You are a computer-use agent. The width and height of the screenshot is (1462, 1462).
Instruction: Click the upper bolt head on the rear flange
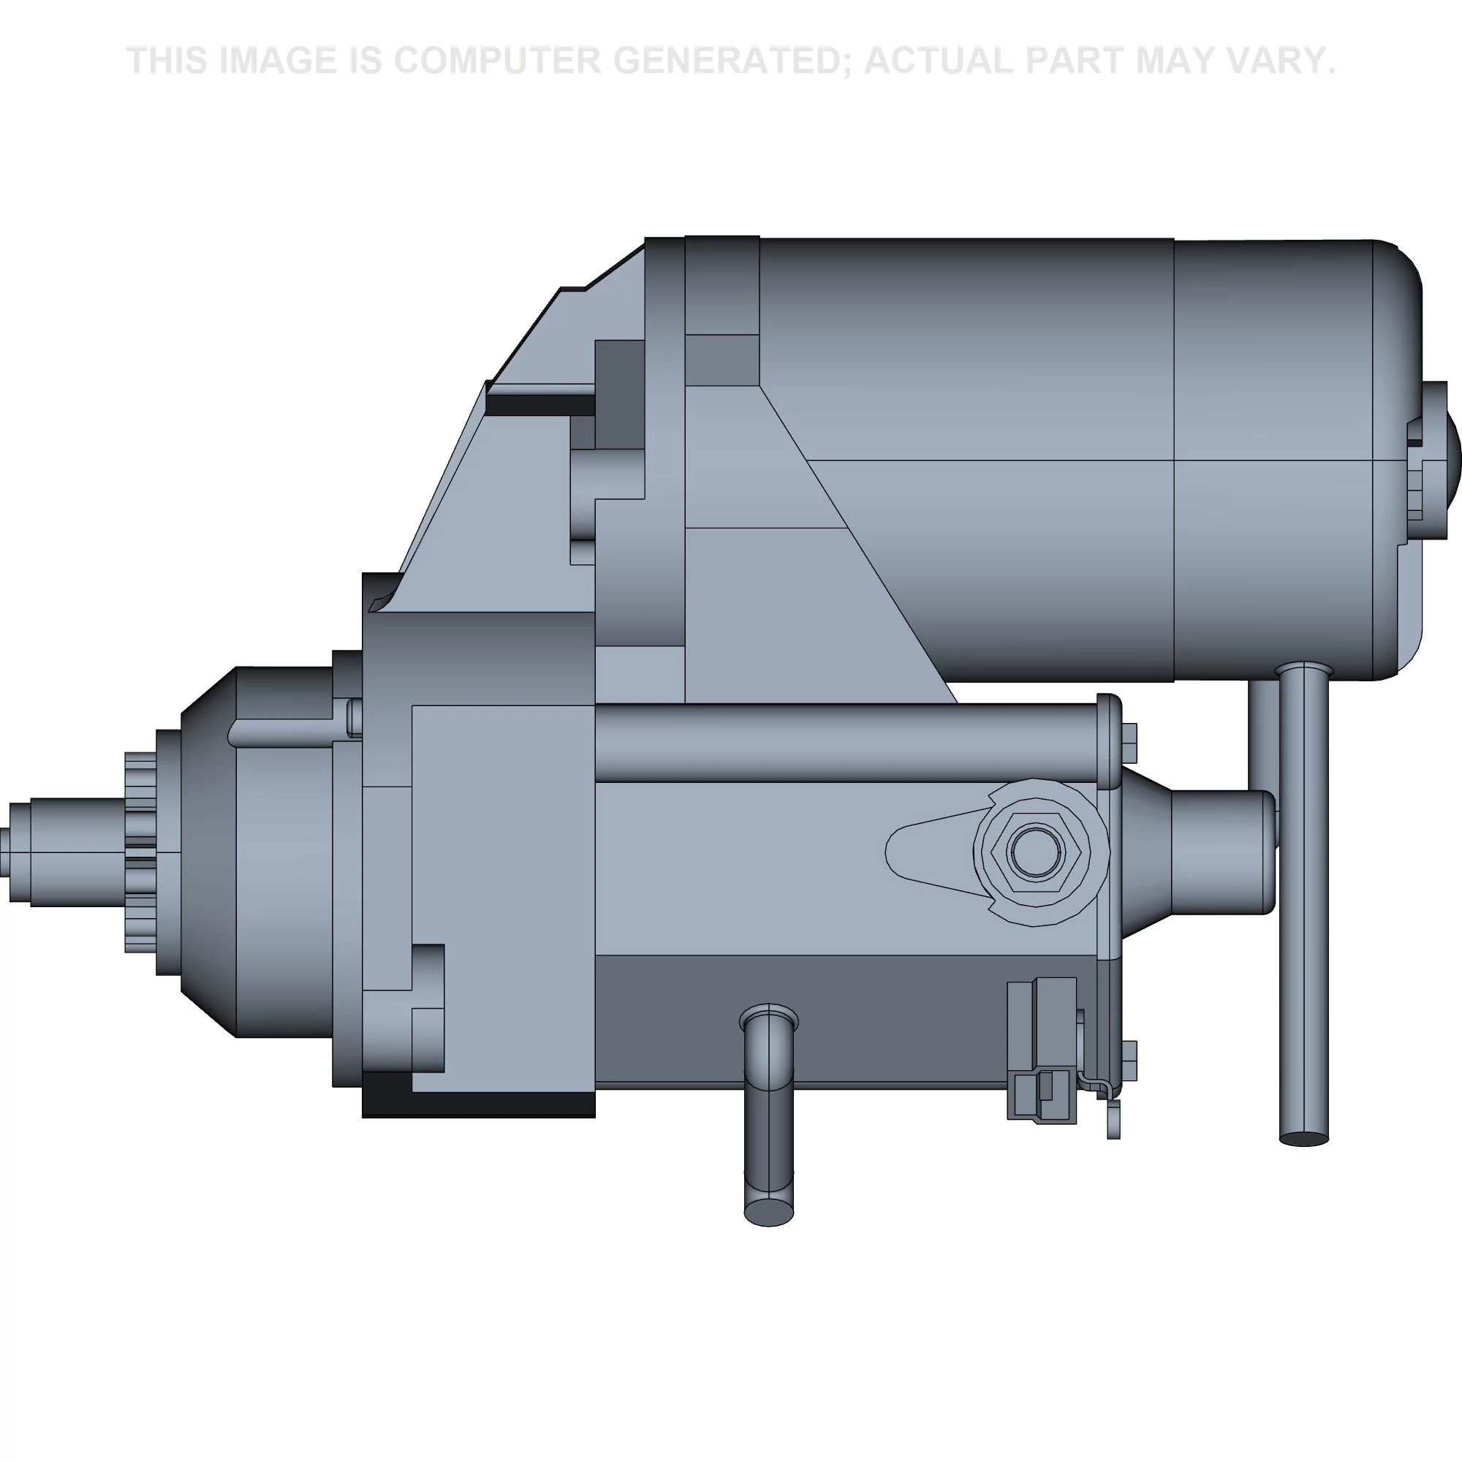point(1128,743)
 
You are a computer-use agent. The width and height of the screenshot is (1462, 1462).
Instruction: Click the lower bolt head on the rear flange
point(1128,1060)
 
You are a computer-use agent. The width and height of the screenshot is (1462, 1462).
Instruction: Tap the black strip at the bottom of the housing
point(477,1104)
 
